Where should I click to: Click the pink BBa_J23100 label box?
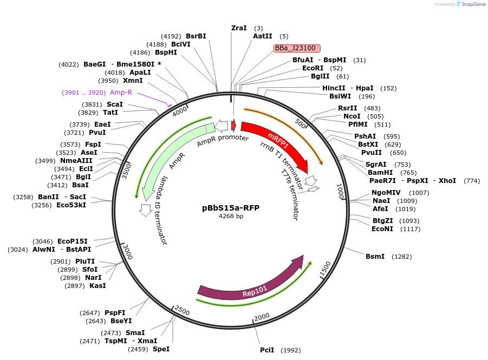click(x=297, y=48)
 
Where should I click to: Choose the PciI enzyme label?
click(x=267, y=350)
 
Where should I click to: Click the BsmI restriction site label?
click(x=375, y=256)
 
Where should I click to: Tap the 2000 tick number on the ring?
click(x=262, y=316)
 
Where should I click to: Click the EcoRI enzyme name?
click(x=313, y=68)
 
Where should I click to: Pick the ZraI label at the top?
click(x=239, y=28)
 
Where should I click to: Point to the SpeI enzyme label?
click(x=161, y=349)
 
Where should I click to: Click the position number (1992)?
click(x=291, y=350)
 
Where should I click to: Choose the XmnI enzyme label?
click(x=133, y=81)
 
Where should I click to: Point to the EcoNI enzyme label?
click(x=382, y=228)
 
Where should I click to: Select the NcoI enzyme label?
click(x=352, y=116)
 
